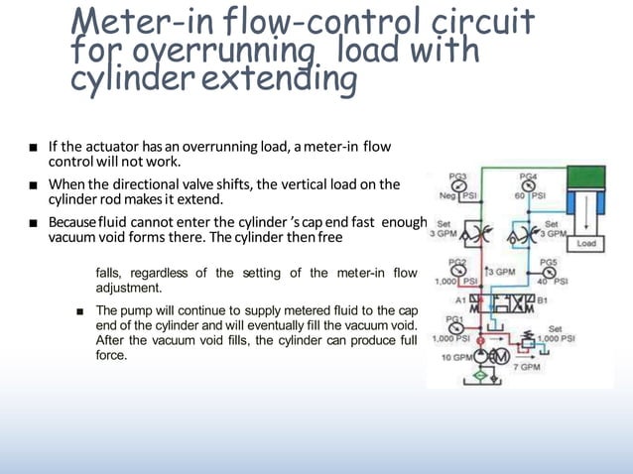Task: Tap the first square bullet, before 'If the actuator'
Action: coord(34,149)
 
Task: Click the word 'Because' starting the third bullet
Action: coord(72,220)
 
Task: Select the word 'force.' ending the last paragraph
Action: coord(111,354)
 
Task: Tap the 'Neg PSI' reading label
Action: coord(458,197)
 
